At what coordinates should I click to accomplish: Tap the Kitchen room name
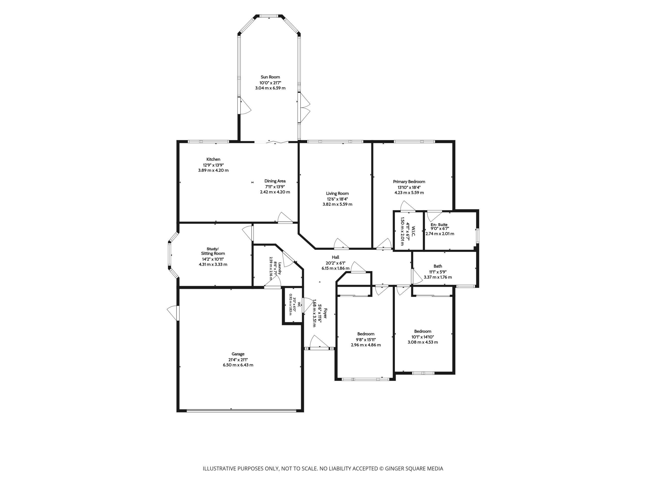point(213,159)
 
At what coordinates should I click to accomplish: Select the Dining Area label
point(275,181)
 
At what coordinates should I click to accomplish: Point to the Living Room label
point(337,193)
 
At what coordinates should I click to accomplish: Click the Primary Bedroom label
point(409,182)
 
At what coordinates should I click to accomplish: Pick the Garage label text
point(238,354)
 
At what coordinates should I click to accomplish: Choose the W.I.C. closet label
point(414,231)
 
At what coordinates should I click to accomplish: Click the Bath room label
point(438,266)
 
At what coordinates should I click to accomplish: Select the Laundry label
point(280,268)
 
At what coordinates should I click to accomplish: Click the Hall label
point(336,257)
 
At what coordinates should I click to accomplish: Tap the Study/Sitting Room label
point(213,251)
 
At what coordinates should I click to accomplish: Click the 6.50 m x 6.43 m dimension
point(238,365)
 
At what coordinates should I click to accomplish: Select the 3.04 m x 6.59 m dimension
point(270,88)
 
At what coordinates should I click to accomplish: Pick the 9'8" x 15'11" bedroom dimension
point(366,339)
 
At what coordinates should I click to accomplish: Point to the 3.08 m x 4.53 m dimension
point(423,342)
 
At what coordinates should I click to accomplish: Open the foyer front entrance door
point(319,348)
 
